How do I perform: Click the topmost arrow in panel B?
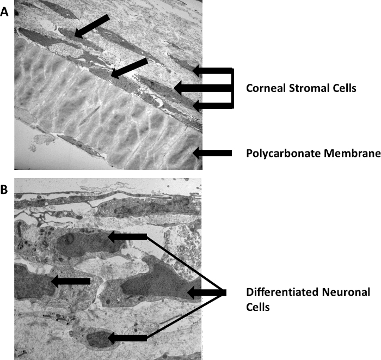pyautogui.click(x=127, y=236)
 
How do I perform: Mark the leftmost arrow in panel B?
pyautogui.click(x=70, y=280)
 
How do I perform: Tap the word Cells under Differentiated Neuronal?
pyautogui.click(x=258, y=307)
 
